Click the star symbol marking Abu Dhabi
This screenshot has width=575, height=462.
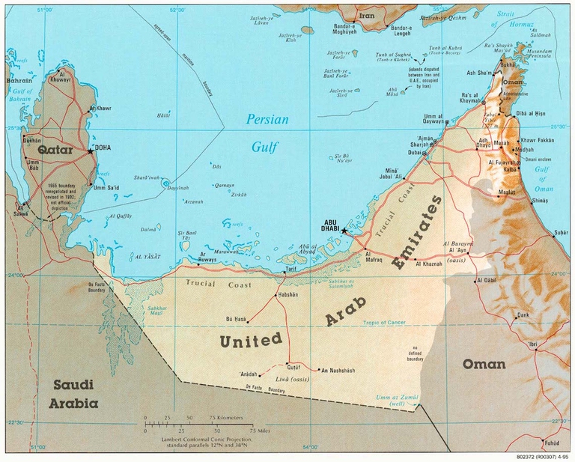(344, 231)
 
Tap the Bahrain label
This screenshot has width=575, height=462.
(19, 80)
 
